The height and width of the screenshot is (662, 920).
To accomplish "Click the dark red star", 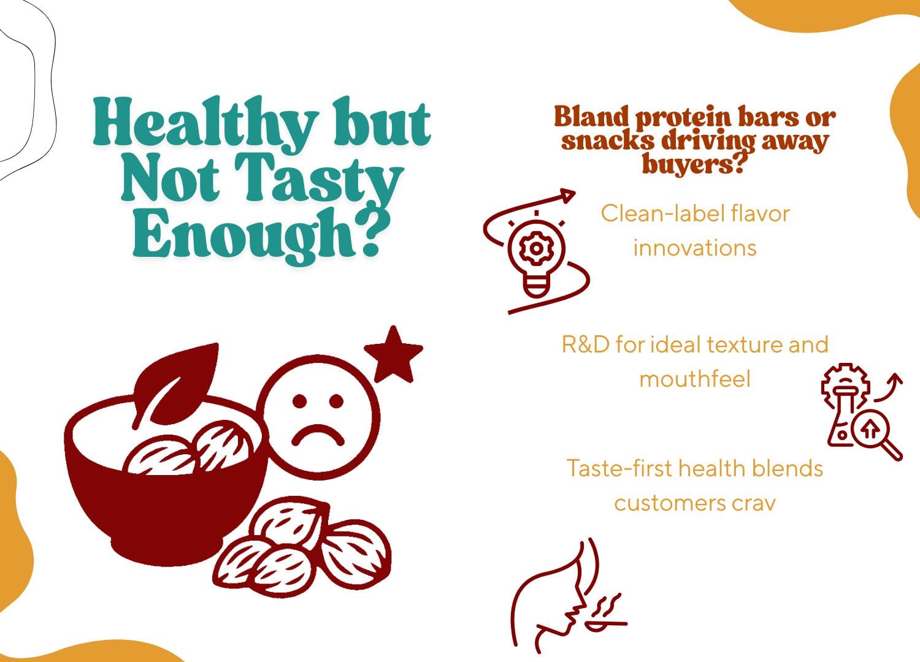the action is click(393, 354).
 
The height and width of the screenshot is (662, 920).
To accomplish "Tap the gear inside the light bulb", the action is click(535, 248).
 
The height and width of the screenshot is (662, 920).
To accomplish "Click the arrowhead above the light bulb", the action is click(567, 196).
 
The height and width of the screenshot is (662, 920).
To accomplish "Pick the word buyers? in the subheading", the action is click(694, 164).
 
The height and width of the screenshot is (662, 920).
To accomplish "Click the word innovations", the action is click(695, 248).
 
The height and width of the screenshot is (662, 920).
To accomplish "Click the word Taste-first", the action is click(619, 468).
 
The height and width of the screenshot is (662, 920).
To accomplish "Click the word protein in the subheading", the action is click(683, 118).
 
